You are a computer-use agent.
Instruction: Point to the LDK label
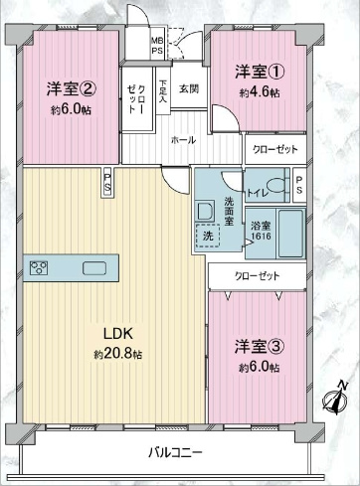pos(116,333)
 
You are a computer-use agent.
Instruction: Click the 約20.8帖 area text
pos(117,354)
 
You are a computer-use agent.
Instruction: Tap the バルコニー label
pos(176,452)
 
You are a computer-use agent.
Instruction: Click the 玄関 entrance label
pos(187,89)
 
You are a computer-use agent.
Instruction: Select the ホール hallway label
pos(182,140)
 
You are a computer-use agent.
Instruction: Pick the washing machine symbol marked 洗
pos(208,237)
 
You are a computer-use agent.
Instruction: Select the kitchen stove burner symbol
pos(41,266)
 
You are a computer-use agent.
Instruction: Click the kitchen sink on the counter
pos(96,266)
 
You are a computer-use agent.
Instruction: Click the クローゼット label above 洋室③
pos(256,275)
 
